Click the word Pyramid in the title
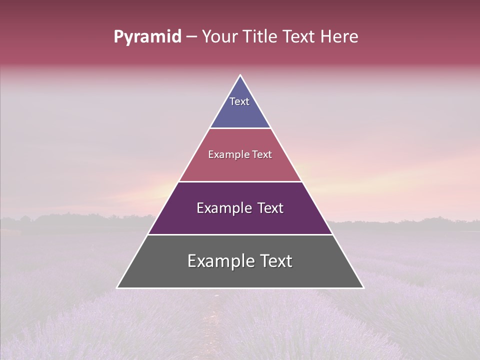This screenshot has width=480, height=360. coord(147,37)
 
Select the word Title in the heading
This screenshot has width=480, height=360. coord(259,37)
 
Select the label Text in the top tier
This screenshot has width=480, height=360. coord(239,101)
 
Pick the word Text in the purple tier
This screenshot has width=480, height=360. coord(270,208)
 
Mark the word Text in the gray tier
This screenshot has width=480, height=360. coord(275,261)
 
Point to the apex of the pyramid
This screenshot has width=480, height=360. coord(240,75)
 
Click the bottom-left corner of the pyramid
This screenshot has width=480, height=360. coord(117,287)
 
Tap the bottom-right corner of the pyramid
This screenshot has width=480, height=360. coord(363,287)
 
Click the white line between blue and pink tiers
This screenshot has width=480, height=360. coord(240,128)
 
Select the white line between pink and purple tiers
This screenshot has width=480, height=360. coord(240,181)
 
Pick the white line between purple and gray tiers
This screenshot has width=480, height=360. coord(240,234)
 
